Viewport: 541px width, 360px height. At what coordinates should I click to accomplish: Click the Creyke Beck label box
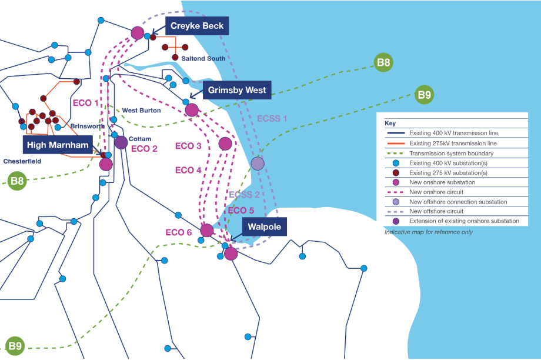point(197,26)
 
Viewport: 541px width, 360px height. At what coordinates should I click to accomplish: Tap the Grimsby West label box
point(236,90)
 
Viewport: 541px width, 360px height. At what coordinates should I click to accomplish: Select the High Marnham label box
point(58,145)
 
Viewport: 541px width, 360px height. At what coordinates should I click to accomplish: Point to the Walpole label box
point(264,227)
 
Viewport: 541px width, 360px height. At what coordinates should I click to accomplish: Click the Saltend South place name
point(203,59)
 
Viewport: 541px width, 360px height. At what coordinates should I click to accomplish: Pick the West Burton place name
point(142,111)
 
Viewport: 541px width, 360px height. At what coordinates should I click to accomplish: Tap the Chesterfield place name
point(22,161)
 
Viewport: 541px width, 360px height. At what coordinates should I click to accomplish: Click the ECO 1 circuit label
point(86,103)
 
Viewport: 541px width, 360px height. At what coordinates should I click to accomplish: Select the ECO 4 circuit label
point(188,170)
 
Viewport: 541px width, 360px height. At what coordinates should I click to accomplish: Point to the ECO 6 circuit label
point(178,232)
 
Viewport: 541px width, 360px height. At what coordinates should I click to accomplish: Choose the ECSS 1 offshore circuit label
point(272,118)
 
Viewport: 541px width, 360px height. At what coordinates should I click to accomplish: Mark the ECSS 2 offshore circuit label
point(244,194)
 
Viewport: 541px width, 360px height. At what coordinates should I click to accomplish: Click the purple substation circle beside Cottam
point(121,142)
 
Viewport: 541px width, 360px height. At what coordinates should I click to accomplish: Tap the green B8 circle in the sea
point(383,62)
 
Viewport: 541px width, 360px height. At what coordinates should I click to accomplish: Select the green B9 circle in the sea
point(424,95)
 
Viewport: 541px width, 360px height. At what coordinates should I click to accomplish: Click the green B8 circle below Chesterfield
point(17,181)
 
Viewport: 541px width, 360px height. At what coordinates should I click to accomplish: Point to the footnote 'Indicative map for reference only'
point(429,232)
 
